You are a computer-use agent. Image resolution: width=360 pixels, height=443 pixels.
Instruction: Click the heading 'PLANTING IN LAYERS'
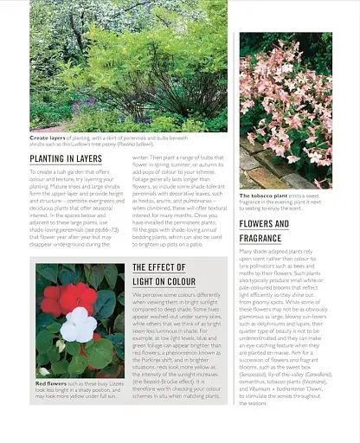pyautogui.click(x=66, y=158)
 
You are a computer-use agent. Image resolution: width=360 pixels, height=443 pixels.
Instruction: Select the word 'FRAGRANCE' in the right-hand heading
pyautogui.click(x=260, y=238)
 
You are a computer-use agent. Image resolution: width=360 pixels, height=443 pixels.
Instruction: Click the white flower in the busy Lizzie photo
pyautogui.click(x=78, y=325)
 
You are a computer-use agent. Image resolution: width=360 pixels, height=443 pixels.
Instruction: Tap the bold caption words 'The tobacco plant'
pyautogui.click(x=260, y=196)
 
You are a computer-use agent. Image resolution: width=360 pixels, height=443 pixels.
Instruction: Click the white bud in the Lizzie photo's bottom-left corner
pyautogui.click(x=44, y=371)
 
